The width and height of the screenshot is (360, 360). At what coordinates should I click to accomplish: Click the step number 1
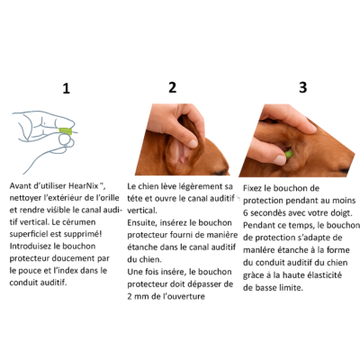(67, 88)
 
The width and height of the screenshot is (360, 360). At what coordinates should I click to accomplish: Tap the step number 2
(172, 87)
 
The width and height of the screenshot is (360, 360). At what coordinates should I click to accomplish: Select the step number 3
(303, 87)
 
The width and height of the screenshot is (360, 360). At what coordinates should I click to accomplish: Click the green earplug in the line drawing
(66, 130)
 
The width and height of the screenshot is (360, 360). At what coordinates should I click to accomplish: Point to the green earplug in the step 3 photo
(289, 154)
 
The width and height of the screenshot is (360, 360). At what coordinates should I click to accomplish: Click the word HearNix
(84, 185)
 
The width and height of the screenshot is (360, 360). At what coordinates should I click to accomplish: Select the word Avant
(21, 185)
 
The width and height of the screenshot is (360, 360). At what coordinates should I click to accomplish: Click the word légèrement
(196, 186)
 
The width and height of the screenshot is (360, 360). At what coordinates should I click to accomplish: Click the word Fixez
(253, 188)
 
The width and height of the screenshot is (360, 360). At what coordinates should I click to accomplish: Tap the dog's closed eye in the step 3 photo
(343, 171)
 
